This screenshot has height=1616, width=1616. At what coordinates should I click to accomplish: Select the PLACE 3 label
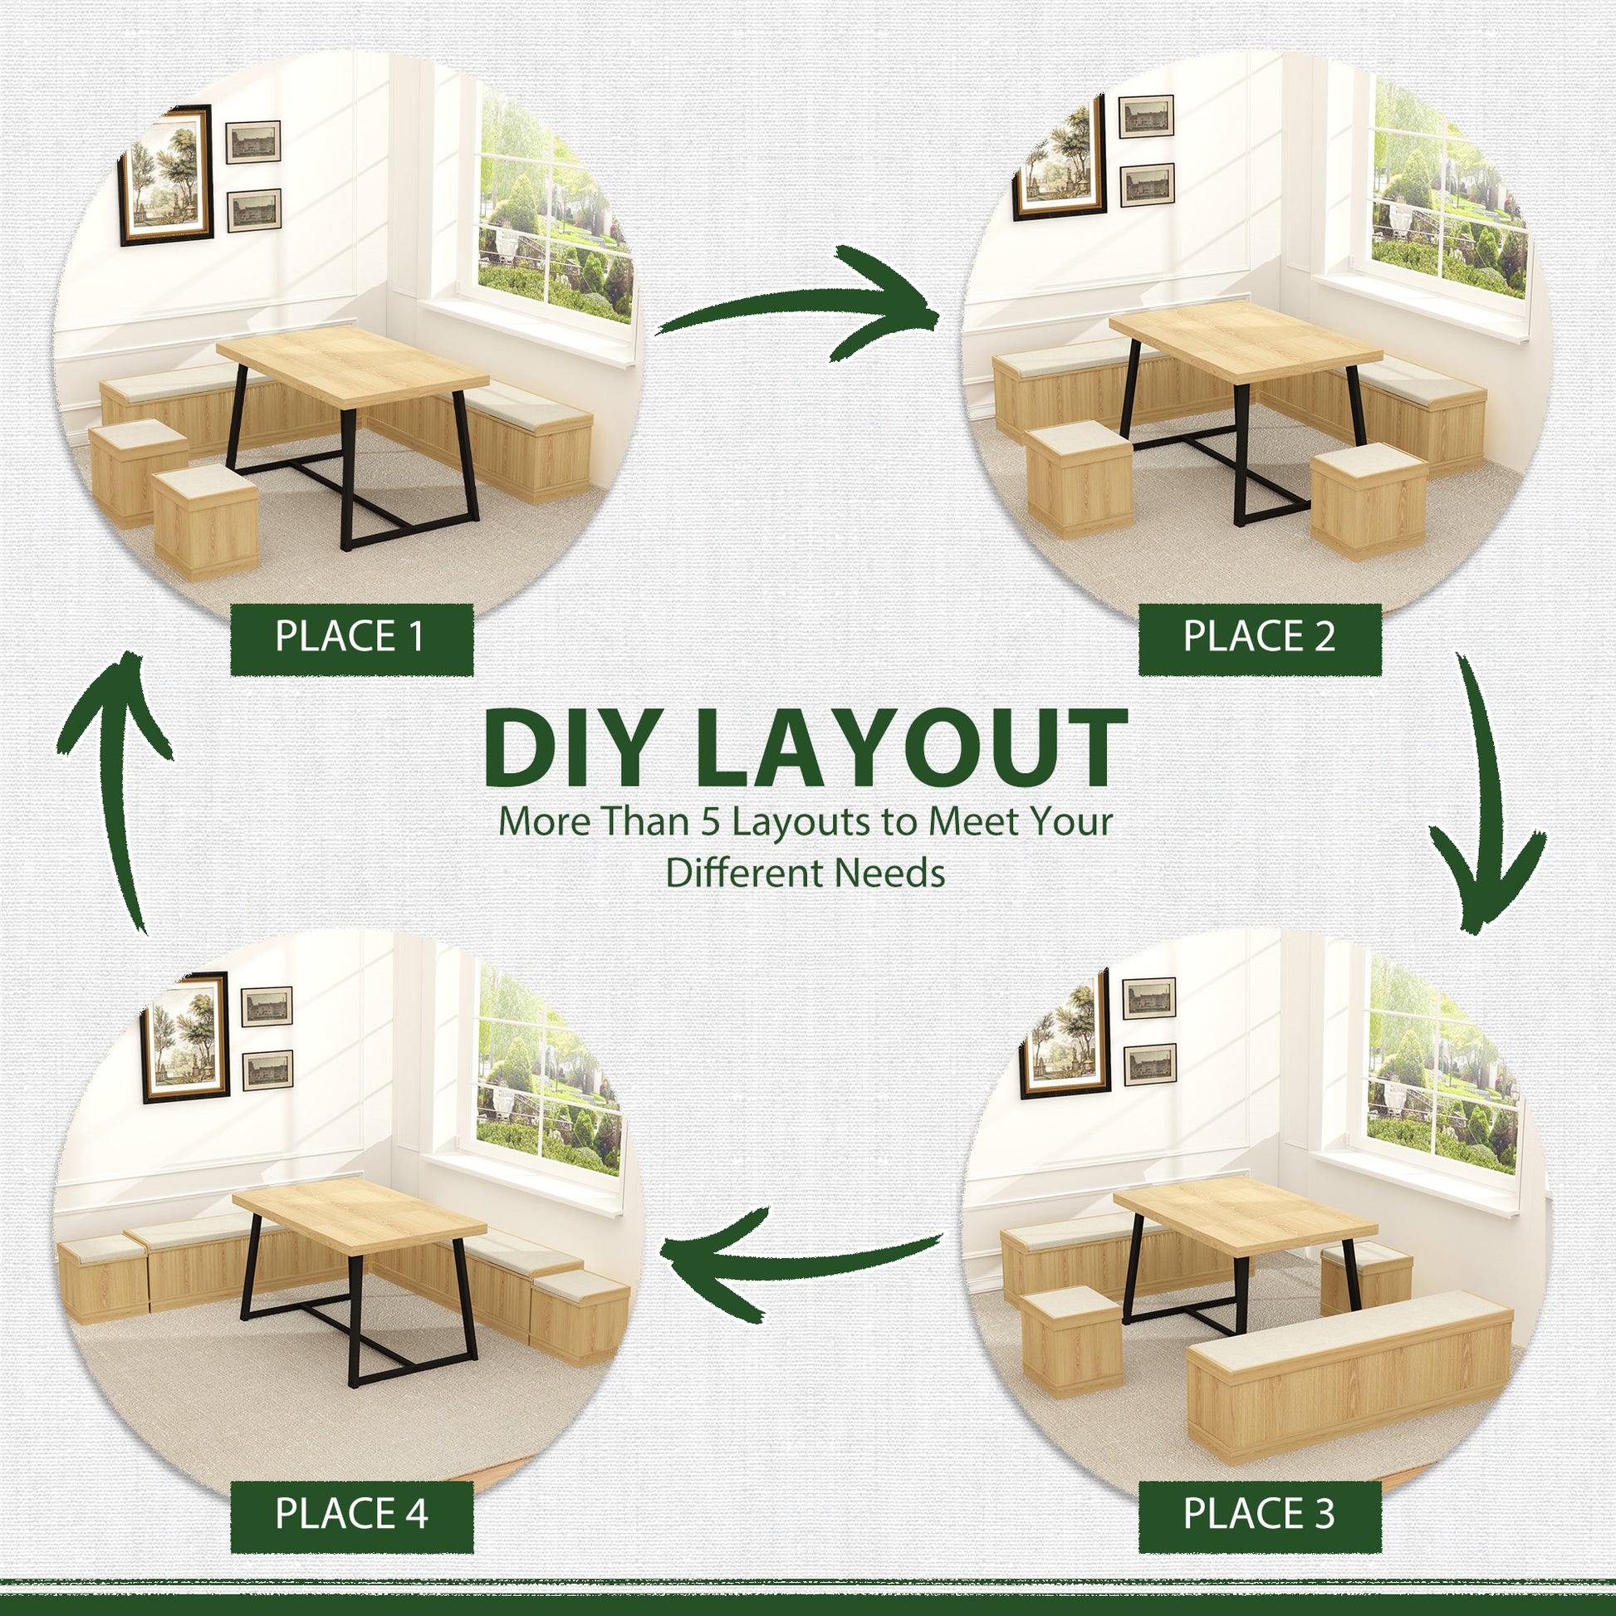(1260, 1514)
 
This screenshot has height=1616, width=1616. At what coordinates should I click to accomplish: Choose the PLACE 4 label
(351, 1514)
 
